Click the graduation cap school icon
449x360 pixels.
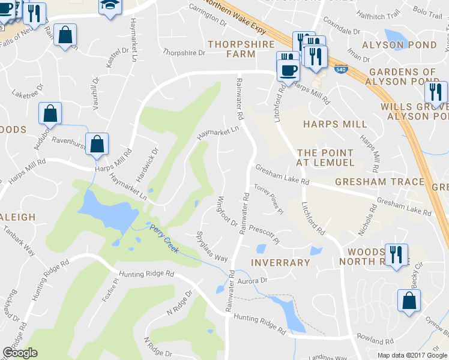pyautogui.click(x=109, y=7)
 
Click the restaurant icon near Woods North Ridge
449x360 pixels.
pyautogui.click(x=396, y=254)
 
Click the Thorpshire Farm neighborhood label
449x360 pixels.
pyautogui.click(x=241, y=49)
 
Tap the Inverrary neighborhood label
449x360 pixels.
pyautogui.click(x=281, y=262)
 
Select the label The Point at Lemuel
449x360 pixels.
pyautogui.click(x=325, y=157)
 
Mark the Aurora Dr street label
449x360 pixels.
pyautogui.click(x=252, y=280)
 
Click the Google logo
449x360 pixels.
pyautogui.click(x=20, y=353)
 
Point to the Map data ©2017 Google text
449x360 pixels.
pyautogui.click(x=412, y=355)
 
